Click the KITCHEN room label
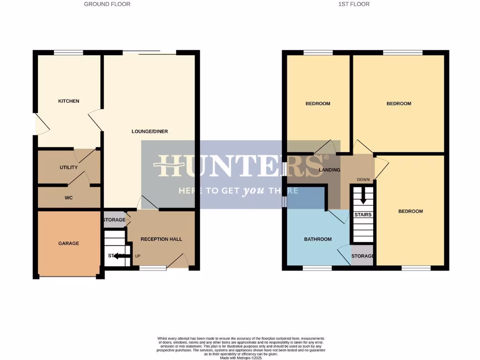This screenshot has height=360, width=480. [68, 101]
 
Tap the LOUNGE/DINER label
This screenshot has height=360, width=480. [150, 132]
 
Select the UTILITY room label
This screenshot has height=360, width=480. [68, 167]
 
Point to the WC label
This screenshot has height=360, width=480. [68, 198]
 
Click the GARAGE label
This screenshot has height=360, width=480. [68, 243]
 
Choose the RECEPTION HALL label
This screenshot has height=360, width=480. [161, 239]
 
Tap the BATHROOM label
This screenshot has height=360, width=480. [318, 239]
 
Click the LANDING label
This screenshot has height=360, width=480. [329, 170]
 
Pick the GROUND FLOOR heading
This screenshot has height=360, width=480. [107, 4]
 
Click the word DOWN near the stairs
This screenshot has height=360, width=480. [363, 180]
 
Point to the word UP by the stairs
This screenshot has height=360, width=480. [138, 256]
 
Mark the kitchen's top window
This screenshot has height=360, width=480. [68, 52]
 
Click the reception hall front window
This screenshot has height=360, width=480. [153, 268]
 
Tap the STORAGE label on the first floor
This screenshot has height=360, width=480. [362, 256]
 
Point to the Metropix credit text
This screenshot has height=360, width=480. [240, 358]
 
